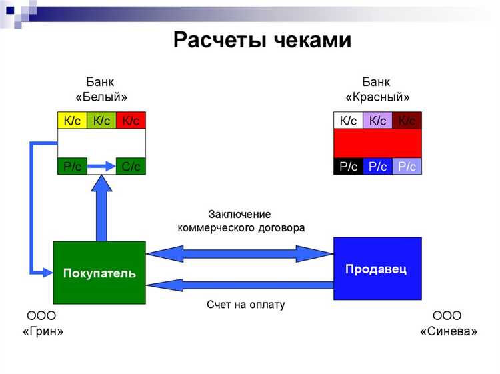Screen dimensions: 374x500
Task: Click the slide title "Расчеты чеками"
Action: point(262,40)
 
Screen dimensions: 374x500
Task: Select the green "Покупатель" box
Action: point(99,273)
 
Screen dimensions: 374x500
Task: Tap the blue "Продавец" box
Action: point(377,269)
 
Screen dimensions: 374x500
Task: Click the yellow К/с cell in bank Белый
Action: point(72,121)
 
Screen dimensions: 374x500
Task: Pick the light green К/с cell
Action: point(101,121)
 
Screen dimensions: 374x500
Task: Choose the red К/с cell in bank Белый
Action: point(131,121)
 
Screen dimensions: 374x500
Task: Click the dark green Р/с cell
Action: point(72,167)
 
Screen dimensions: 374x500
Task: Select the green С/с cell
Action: point(131,167)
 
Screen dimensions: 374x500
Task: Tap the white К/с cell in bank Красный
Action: point(348,121)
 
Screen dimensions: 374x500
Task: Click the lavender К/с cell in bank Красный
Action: point(377,121)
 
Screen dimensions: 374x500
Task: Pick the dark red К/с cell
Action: point(407,121)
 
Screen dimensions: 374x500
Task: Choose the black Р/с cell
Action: point(348,167)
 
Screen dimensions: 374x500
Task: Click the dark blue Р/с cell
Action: point(377,167)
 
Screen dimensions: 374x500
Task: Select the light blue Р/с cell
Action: point(407,167)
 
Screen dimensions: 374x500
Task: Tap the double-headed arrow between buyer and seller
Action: point(239,253)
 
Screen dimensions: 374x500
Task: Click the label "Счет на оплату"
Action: point(245,305)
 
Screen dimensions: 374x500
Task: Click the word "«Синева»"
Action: point(448,331)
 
